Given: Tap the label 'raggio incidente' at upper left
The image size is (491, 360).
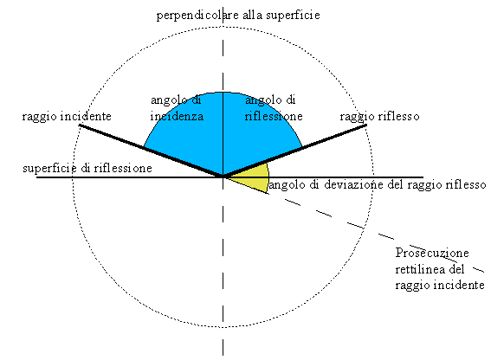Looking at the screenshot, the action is pos(67,117).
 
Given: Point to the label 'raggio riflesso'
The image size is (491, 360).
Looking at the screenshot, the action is pos(379,117).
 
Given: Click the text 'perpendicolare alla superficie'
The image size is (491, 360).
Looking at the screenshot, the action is pos(238,15).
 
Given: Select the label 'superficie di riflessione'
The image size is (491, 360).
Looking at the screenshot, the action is pos(87,169).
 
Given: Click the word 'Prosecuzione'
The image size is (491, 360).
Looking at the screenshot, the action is pos(432,253).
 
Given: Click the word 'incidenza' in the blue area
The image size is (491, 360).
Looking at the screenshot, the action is pos(177,117).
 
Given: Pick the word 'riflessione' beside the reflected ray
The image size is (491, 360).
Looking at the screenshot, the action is pos(274,117).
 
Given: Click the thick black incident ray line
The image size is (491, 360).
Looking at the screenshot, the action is pos(151,151).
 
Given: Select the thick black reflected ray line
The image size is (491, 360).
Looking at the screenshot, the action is pos(294,151).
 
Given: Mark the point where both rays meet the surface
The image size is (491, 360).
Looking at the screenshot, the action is pos(223,177).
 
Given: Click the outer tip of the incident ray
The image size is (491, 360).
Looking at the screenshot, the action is pos(80,125).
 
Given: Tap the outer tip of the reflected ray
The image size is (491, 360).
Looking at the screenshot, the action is pos(366,125).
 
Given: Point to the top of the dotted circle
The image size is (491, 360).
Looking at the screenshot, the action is pos(223,27).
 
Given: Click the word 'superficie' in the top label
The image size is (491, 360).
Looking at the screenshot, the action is pos(293,15).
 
